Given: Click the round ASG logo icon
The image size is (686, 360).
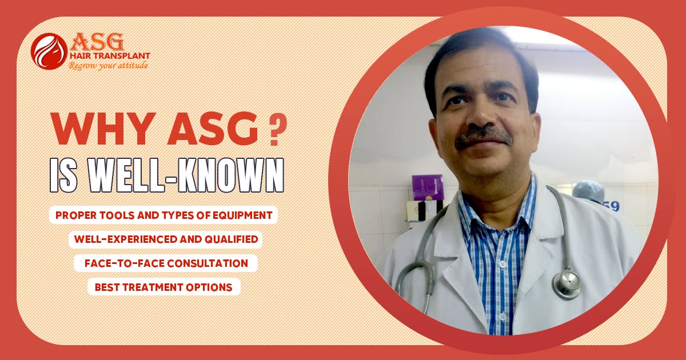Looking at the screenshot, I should pos(49,51).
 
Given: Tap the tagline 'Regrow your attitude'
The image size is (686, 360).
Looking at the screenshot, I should pos(108,66).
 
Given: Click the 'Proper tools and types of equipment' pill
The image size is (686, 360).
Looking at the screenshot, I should pos(163,215).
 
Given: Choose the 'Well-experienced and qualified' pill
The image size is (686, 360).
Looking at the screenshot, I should pos(165,239).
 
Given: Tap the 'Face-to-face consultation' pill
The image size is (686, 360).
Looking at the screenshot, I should pos(165,263).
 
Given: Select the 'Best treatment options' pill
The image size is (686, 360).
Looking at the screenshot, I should pos(163,287).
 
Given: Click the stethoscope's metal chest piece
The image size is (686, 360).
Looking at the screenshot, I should pos(566,283).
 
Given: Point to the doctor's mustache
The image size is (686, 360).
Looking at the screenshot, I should pos(483,137).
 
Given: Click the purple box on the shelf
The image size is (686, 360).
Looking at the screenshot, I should pos(428,187).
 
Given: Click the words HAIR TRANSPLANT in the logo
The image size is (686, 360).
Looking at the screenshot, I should pos(109,56).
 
